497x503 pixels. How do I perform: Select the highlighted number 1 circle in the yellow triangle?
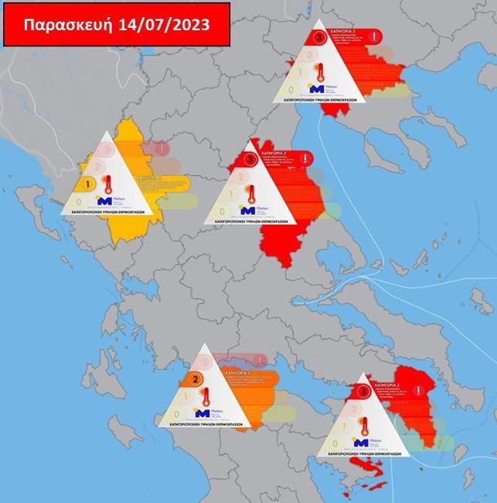(90, 184)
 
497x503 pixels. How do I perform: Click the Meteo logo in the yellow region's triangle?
(108, 201)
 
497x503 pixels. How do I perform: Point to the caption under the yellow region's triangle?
(111, 210)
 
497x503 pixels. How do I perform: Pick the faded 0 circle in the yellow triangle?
(79, 202)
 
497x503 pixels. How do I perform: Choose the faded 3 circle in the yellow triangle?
(108, 149)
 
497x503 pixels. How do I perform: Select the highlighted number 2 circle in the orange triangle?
(196, 379)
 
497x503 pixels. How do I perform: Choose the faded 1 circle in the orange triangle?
(186, 397)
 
